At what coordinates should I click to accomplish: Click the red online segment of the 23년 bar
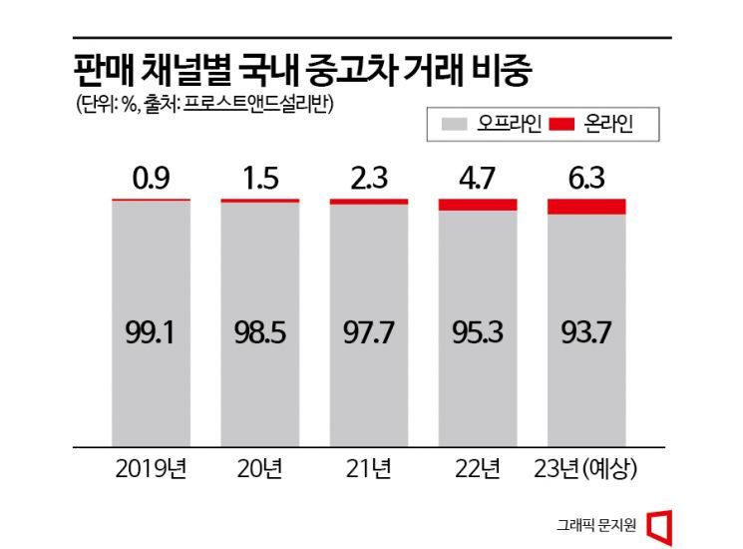point(586,207)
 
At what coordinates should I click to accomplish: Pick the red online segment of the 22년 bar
point(478,205)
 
